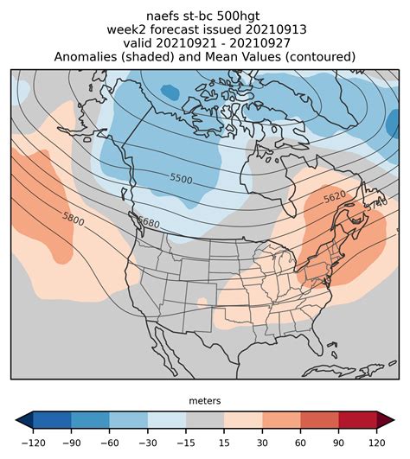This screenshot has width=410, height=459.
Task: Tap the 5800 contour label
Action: coord(74,220)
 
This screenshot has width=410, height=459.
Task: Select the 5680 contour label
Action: coord(149,223)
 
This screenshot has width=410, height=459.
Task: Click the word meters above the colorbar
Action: coord(204,401)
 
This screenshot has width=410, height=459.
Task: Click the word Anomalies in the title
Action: coord(91,56)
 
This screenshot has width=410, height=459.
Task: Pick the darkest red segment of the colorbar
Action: coord(356,421)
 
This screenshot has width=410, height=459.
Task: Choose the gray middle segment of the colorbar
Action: coord(204,421)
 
